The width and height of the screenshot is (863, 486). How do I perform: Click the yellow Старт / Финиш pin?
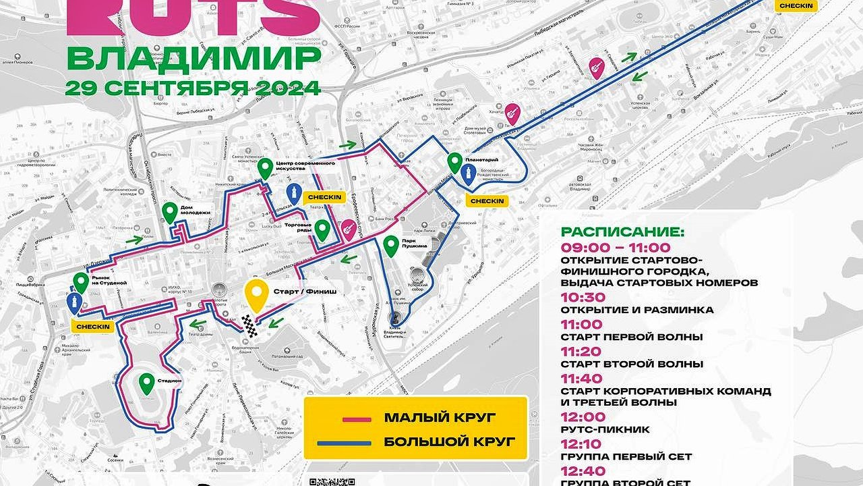(x=256, y=296)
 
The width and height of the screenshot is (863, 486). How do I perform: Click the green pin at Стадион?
(x=146, y=383)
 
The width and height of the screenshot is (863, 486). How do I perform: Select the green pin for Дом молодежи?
(x=169, y=213)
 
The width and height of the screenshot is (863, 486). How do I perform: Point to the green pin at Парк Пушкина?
(x=390, y=246)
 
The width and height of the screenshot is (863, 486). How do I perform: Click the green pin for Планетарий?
(x=454, y=163)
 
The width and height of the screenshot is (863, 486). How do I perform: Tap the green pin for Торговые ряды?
(x=323, y=230)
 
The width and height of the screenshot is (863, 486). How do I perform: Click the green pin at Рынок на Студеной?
(x=82, y=282)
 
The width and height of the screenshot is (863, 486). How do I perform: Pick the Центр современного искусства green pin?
(x=265, y=168)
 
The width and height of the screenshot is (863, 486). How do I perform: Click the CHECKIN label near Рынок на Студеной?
(x=93, y=327)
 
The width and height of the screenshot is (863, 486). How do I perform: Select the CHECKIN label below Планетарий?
(x=487, y=201)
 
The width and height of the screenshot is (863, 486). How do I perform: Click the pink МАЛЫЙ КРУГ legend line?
(x=357, y=419)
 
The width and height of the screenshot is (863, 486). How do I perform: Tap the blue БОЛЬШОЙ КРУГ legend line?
(x=357, y=443)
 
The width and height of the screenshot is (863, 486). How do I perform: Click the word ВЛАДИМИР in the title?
(x=193, y=59)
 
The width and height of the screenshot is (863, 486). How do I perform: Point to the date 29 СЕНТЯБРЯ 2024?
(x=193, y=88)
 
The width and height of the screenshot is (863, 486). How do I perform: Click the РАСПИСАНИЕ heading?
(x=622, y=232)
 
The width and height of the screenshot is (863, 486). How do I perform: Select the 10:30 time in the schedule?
(x=583, y=297)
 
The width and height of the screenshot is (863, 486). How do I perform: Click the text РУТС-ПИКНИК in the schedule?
(x=605, y=429)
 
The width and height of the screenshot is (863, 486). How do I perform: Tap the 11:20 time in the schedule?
(x=583, y=351)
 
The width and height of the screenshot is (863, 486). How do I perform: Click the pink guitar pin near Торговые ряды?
(x=348, y=231)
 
